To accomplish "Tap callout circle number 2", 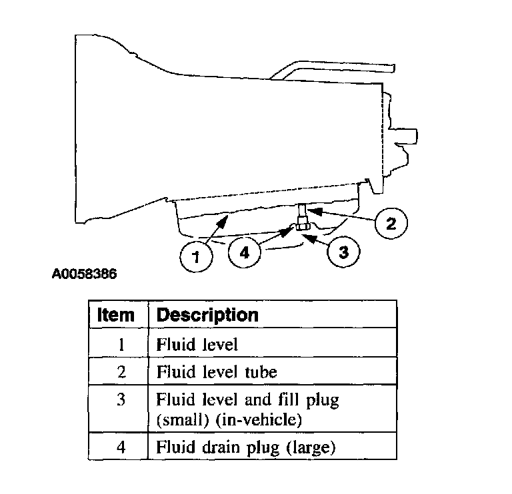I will (x=391, y=224).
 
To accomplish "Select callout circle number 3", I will (x=343, y=252).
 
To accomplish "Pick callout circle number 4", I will (x=244, y=252).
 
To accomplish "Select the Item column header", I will (x=116, y=314).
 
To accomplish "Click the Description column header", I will (x=207, y=314).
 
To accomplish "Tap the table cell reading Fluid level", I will (x=197, y=345).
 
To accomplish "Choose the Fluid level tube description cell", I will (x=217, y=371).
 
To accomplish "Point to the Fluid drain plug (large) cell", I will (x=245, y=448).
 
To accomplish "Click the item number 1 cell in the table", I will (x=121, y=345).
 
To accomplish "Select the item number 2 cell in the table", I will (x=121, y=371).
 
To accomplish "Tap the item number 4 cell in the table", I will (x=121, y=448).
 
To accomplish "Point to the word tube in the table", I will (x=261, y=371).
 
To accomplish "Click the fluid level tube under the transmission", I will (x=303, y=213).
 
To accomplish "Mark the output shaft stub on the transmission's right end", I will (x=407, y=136).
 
